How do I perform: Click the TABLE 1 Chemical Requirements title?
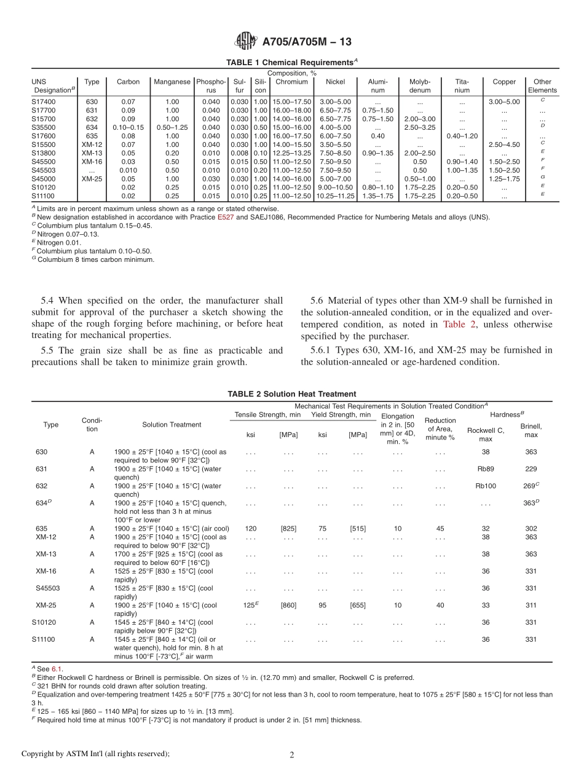291,63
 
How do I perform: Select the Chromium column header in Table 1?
291,82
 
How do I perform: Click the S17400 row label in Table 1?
44,101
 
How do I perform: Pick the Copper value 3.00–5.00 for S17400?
504,101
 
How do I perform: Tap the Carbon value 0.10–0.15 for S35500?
128,127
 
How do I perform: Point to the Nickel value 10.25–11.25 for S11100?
335,196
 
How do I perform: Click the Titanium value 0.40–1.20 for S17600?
462,136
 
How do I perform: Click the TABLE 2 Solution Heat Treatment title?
291,394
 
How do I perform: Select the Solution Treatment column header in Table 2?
172,425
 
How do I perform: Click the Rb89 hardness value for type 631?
485,469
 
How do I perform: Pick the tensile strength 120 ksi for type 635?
251,529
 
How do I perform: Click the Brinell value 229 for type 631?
531,469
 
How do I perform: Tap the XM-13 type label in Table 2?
46,554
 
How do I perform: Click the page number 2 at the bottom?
292,756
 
